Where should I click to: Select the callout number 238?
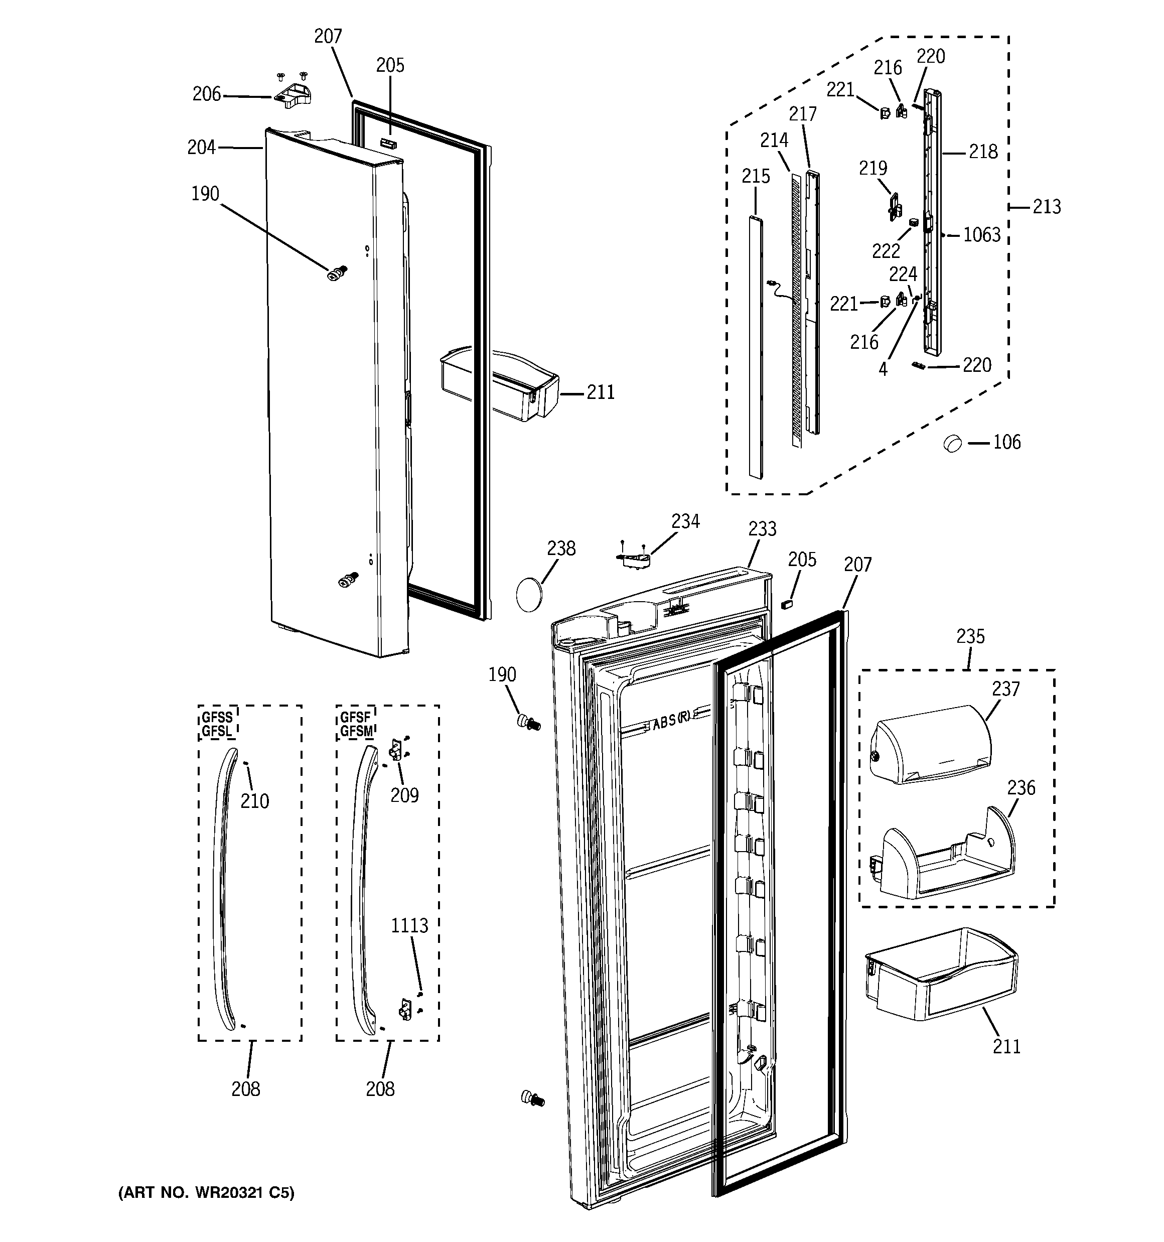point(561,548)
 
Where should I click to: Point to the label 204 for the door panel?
point(201,148)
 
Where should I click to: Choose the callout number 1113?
point(409,925)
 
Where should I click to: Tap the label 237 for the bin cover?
point(1005,689)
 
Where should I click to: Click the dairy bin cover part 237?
point(930,744)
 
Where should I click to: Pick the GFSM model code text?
point(356,731)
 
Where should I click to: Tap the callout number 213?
point(1047,207)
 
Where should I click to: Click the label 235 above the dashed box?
point(970,637)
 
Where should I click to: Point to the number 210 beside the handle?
point(255,801)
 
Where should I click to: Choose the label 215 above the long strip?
point(756,177)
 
